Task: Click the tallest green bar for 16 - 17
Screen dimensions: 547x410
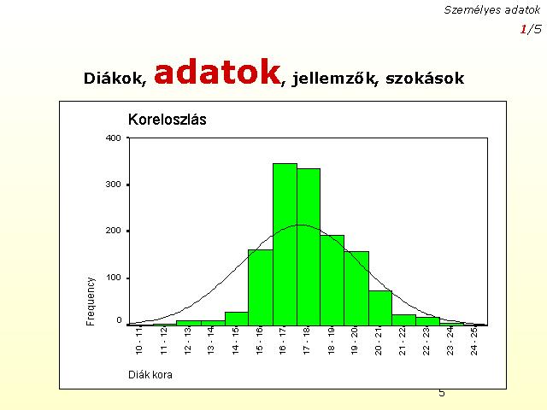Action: [x=285, y=244]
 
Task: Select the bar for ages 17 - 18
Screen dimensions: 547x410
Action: [x=309, y=247]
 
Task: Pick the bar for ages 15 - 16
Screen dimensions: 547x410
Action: [x=261, y=288]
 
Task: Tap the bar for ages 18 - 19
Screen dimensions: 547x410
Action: [x=332, y=280]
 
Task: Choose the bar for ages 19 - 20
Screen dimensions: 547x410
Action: [x=356, y=289]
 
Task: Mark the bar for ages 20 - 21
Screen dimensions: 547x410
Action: [x=380, y=308]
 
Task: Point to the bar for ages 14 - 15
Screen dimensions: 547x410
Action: [x=237, y=319]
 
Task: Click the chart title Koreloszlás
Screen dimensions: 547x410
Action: [x=168, y=120]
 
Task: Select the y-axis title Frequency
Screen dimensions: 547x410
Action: [x=91, y=302]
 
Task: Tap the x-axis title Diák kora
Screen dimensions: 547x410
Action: [x=150, y=375]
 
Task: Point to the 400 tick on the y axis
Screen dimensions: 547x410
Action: [x=114, y=138]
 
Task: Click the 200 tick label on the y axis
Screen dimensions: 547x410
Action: [x=114, y=231]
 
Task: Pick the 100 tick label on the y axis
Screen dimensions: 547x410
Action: [x=114, y=278]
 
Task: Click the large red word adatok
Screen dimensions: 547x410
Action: [x=217, y=72]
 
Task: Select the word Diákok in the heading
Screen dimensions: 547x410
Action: [x=115, y=78]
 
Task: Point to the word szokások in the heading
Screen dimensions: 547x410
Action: [x=425, y=78]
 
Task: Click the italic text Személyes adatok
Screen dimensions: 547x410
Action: [x=492, y=10]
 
